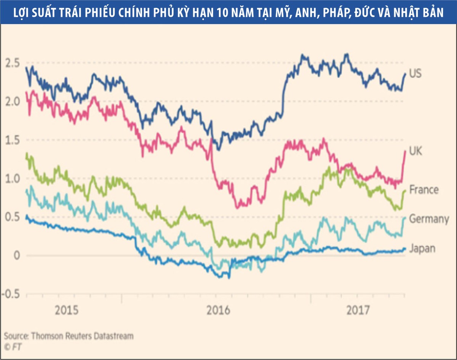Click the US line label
415,74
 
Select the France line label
423,189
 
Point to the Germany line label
429,219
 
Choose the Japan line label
422,249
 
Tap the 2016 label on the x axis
219,310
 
